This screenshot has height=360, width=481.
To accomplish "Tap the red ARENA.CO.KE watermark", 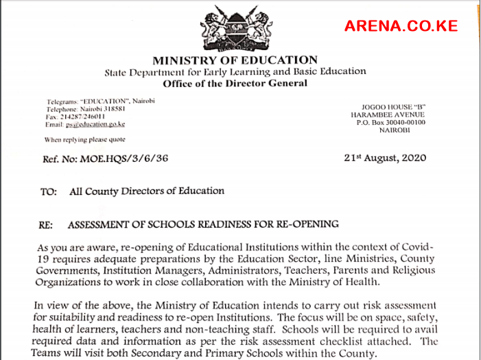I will click(x=401, y=27).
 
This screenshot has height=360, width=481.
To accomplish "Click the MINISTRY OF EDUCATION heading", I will click(x=235, y=60).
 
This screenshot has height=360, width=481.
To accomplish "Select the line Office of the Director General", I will click(x=235, y=84).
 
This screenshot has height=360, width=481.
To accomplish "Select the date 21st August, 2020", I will click(x=385, y=158).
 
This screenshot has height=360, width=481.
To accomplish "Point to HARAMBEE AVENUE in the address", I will click(x=392, y=115).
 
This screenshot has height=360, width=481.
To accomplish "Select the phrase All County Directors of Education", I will click(x=147, y=192).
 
